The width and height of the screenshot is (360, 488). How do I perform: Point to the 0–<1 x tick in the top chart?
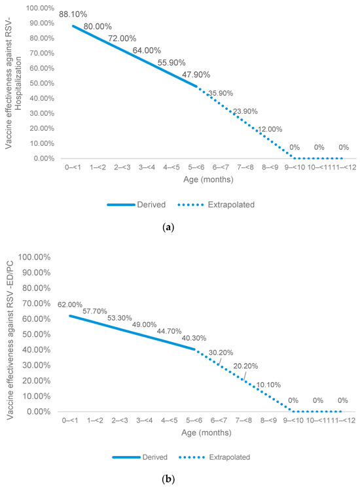point(71,168)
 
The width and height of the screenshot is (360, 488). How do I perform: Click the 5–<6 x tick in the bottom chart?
point(195,421)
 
